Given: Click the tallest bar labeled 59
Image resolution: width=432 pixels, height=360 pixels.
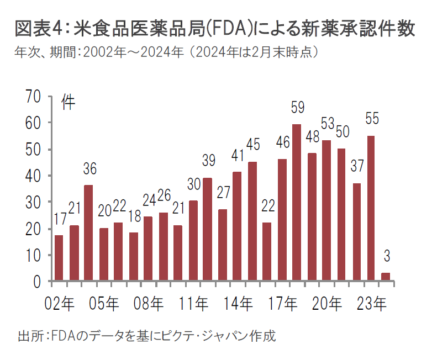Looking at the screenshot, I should coord(297,203).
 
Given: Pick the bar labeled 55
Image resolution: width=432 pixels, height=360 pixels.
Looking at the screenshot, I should coord(371,209).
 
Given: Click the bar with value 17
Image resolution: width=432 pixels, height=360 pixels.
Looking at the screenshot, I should coord(59,258).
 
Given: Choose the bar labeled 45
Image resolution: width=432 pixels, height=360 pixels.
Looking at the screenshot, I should coord(252,221).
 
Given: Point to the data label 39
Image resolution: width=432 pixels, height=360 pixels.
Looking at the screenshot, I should coord(208,161).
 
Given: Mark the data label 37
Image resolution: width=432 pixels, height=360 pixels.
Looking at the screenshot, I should coord(356,166).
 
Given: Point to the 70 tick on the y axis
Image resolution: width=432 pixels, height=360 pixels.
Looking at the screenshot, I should coord(34,97).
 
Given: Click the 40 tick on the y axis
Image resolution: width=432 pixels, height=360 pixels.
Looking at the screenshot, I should coord(34,176).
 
